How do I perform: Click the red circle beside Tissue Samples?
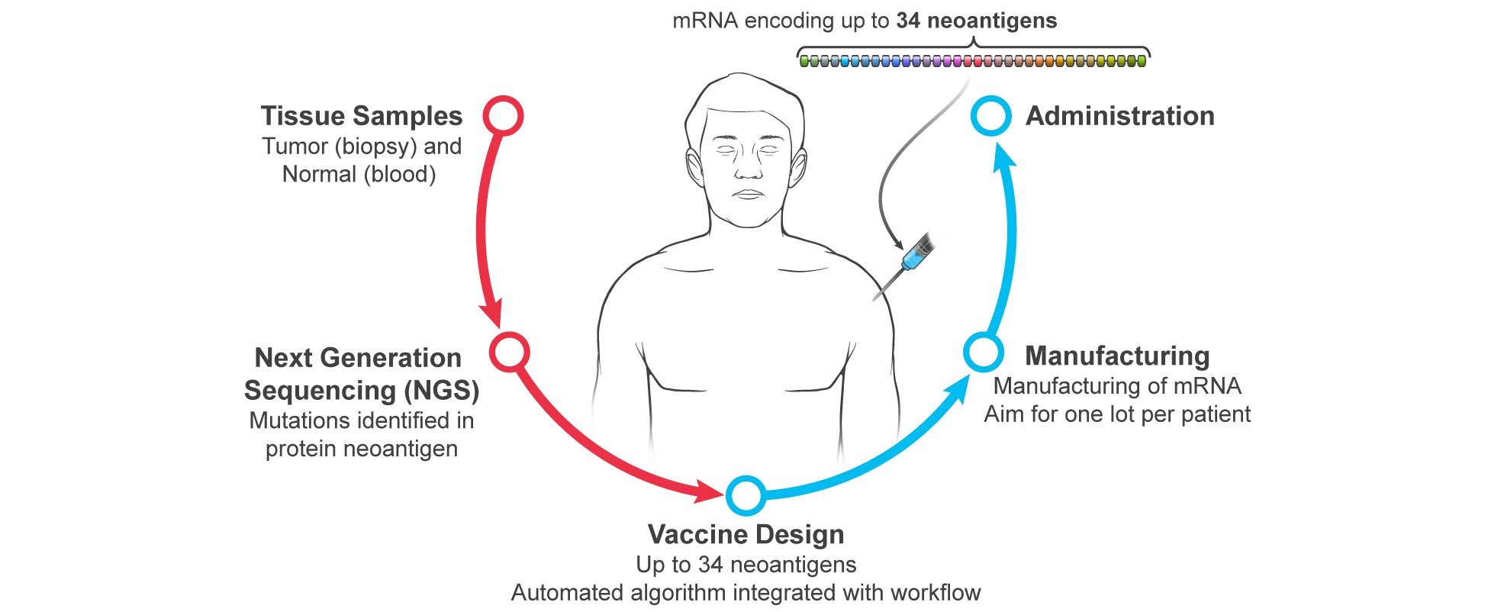(503, 116)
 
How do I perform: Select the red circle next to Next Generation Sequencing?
(509, 352)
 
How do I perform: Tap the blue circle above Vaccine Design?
(746, 495)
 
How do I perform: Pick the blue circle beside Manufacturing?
(983, 352)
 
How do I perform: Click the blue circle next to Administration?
(990, 116)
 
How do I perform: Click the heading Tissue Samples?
(361, 116)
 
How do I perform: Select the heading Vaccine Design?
(746, 534)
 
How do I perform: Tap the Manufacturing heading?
(1117, 356)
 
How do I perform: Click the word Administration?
(1119, 116)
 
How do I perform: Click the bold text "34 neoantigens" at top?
(976, 21)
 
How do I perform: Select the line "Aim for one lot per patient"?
(1117, 414)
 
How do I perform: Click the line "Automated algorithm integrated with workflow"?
(746, 593)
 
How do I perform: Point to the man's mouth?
(748, 195)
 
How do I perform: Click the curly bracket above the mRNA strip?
(973, 49)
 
